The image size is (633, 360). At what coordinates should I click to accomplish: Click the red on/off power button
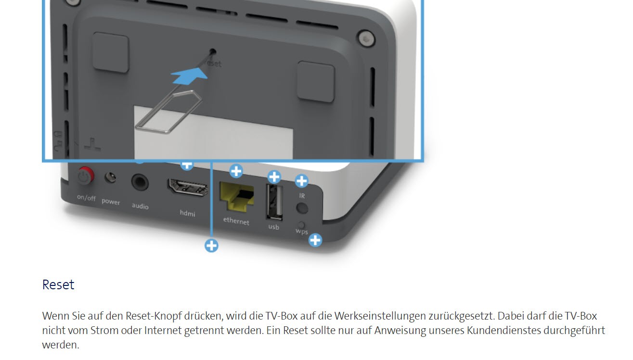(86, 176)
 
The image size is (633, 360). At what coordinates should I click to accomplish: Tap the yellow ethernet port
(236, 196)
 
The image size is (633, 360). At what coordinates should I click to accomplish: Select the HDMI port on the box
(188, 187)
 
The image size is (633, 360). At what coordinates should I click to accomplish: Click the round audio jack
(140, 182)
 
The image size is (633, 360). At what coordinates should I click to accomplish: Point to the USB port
(274, 202)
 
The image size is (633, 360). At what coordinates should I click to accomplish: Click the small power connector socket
(110, 178)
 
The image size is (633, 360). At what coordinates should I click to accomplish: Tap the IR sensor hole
(302, 208)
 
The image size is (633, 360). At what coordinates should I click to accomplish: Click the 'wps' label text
(301, 231)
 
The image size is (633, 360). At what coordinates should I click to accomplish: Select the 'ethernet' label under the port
(236, 221)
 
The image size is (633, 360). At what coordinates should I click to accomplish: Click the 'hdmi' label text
(188, 213)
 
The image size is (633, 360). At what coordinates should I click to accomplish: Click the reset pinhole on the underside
(213, 51)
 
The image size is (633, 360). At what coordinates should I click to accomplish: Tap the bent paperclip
(168, 112)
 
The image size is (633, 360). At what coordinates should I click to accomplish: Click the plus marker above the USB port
(274, 177)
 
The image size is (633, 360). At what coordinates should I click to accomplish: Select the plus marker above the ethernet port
(236, 171)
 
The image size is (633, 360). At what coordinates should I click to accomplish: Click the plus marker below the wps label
(315, 240)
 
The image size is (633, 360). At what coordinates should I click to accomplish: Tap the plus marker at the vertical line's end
(211, 245)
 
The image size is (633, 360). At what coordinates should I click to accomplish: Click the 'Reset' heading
(58, 284)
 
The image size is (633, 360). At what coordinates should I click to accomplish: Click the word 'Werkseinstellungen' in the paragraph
(380, 316)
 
